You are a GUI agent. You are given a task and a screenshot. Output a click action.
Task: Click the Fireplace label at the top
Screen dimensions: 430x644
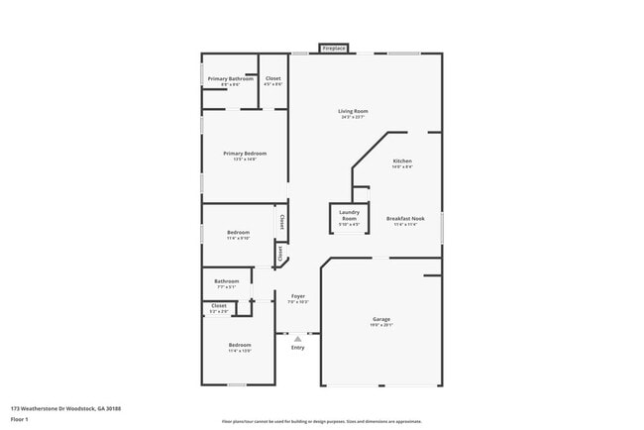333,48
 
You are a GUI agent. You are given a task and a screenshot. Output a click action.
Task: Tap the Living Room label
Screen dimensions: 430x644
353,111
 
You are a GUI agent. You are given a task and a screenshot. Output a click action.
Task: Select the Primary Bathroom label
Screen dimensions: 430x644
230,78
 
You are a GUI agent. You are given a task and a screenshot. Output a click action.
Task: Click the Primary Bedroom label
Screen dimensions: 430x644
245,154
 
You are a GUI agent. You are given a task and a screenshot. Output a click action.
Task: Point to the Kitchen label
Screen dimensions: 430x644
402,161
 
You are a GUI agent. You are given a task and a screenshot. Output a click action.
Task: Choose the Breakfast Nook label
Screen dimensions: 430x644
406,218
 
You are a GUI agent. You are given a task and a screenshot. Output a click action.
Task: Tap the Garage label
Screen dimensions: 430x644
381,319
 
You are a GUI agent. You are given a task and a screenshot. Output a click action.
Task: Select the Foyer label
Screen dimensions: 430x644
297,295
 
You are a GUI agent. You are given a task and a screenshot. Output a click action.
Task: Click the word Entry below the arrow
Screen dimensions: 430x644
297,347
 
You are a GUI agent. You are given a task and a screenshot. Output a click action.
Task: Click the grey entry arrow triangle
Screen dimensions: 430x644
297,338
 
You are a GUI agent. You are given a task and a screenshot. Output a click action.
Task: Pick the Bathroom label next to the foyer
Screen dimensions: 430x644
227,280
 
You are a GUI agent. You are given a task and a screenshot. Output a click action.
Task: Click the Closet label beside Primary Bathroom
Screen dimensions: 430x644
272,78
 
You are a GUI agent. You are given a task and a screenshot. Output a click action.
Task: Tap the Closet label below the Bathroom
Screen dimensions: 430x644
219,306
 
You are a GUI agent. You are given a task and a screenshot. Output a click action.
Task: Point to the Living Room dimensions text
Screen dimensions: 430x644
353,118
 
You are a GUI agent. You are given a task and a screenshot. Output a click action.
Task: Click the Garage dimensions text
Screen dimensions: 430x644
381,325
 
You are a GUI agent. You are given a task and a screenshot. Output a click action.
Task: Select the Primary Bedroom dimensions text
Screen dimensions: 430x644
245,160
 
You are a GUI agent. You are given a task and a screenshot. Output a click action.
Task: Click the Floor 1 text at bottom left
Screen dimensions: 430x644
19,419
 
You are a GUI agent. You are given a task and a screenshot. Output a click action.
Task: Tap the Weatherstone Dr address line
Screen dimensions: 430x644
54,407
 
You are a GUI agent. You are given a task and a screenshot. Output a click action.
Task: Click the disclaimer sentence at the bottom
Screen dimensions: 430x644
321,421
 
